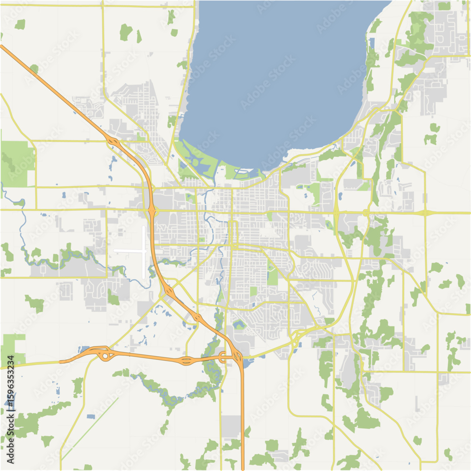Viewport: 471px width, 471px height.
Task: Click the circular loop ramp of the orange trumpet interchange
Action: pyautogui.click(x=104, y=356)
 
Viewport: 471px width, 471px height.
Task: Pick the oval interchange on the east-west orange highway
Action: pyautogui.click(x=187, y=361)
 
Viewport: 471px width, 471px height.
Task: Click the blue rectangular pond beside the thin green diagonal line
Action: pyautogui.click(x=90, y=416)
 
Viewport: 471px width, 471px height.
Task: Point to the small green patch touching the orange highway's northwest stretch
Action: pyautogui.click(x=34, y=69)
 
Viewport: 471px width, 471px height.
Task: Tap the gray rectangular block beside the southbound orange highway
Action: pyautogui.click(x=231, y=425)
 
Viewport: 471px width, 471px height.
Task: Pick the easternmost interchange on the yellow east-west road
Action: pyautogui.click(x=425, y=213)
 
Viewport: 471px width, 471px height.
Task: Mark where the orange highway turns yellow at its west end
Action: pyautogui.click(x=60, y=362)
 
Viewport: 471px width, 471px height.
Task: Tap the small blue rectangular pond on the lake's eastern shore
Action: pyautogui.click(x=372, y=42)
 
